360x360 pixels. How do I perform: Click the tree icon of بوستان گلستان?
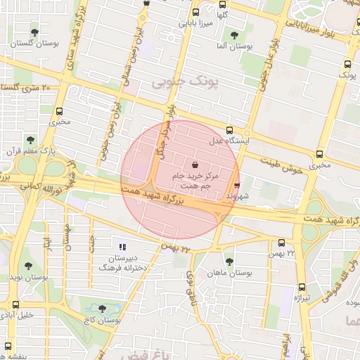34,32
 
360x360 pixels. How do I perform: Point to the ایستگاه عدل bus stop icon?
229,130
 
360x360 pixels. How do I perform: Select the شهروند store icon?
236,186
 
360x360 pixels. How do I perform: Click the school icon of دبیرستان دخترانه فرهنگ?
122,247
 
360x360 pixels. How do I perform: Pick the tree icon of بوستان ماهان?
229,261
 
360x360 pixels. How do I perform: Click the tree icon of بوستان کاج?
103,308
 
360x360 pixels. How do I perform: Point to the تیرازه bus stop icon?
302,287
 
